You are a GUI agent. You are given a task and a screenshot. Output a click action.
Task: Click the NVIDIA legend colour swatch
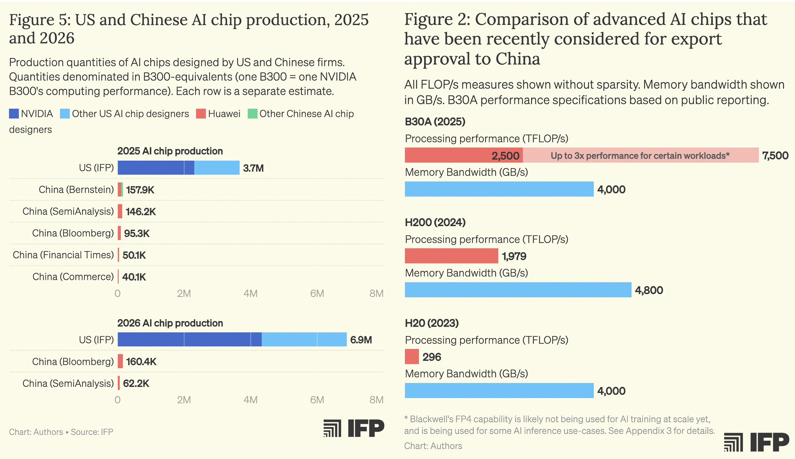tap(14, 114)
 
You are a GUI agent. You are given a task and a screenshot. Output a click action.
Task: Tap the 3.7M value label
tap(253, 168)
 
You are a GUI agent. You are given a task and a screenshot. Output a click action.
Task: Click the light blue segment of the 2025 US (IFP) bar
tap(217, 168)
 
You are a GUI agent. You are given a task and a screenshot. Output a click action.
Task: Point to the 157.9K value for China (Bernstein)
tap(140, 190)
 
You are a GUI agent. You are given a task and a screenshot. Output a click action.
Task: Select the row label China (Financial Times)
tap(63, 255)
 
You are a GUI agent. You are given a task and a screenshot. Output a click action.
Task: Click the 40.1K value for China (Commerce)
tap(134, 277)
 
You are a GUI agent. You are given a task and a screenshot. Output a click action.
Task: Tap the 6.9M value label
tap(361, 340)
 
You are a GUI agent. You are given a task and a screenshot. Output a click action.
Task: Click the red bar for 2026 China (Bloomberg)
tap(120, 361)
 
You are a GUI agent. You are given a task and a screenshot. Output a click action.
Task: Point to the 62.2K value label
tap(136, 383)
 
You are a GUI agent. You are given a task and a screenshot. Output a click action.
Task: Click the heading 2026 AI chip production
tap(170, 323)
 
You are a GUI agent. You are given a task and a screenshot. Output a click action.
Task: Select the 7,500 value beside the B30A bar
tap(775, 155)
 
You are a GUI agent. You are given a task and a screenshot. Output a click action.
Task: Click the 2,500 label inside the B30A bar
tap(505, 156)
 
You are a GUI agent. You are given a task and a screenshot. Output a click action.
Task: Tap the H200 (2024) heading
tap(435, 222)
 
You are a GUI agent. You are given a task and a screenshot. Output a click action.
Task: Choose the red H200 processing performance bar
tap(451, 256)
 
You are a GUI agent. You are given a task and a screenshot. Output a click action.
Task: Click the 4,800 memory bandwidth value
tap(649, 290)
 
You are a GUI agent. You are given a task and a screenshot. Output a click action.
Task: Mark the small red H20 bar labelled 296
tap(412, 357)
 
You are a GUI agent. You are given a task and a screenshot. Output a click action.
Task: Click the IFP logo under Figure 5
tap(354, 428)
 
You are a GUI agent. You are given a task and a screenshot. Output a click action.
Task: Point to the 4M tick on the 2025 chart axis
tap(250, 293)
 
